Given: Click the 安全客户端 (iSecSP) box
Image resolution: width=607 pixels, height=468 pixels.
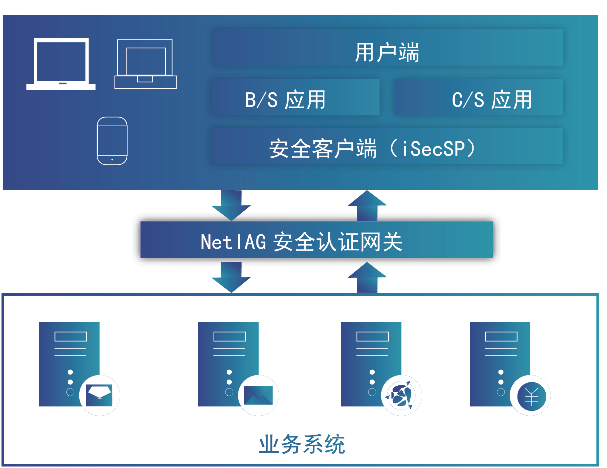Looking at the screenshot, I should (x=387, y=146).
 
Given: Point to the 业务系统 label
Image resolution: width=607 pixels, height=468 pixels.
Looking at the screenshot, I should (x=302, y=444).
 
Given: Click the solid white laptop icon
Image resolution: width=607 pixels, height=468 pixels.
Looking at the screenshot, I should (x=61, y=64).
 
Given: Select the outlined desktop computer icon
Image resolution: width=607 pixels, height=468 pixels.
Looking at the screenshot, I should (x=146, y=64).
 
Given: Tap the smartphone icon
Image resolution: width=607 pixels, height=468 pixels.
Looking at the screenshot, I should (x=112, y=141).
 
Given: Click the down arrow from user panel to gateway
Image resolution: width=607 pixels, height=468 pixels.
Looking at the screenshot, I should (x=231, y=205).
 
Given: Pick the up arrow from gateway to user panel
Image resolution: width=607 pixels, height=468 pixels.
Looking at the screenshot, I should (x=367, y=205).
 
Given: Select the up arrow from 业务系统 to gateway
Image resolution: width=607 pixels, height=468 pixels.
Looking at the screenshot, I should (x=367, y=277).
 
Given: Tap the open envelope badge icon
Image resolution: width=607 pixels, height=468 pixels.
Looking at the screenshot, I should (x=99, y=395).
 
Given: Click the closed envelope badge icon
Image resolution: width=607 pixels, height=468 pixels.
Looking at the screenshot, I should (x=258, y=395).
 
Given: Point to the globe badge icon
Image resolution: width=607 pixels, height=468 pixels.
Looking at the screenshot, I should (x=401, y=395).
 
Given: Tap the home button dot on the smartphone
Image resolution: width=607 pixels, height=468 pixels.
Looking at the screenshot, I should (x=112, y=160).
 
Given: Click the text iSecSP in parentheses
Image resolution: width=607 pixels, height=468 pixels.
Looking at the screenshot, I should (x=434, y=149).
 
